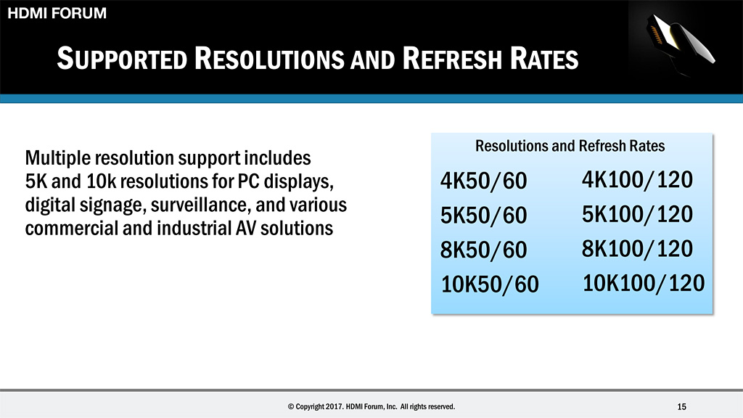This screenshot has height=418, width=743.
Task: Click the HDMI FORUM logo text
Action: (57, 13)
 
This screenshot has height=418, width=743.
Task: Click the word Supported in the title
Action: (122, 58)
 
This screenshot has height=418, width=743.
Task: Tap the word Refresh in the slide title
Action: (452, 58)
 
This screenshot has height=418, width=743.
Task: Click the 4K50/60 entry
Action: (483, 181)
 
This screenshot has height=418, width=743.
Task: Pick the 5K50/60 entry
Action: (483, 215)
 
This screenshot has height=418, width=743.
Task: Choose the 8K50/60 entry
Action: (483, 250)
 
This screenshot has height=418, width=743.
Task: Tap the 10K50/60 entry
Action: (490, 284)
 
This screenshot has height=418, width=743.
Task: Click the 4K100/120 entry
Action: (637, 180)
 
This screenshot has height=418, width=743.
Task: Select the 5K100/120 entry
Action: (637, 214)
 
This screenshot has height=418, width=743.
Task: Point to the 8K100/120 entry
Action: (637, 249)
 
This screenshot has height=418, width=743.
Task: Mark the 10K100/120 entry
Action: (644, 284)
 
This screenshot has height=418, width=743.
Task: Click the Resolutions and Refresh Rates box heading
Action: (570, 146)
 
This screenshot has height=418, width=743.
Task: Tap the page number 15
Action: (681, 406)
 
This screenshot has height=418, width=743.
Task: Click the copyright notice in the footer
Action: (371, 406)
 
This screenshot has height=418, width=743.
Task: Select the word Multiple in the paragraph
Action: (57, 158)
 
